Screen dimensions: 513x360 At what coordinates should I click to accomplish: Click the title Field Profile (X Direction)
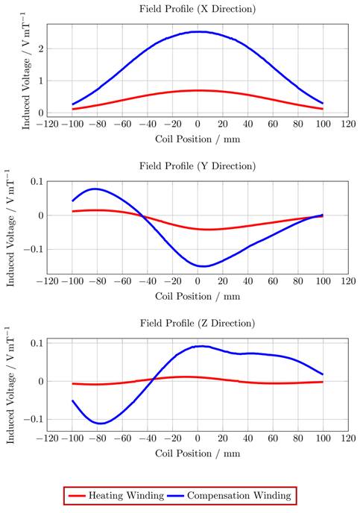point(198,9)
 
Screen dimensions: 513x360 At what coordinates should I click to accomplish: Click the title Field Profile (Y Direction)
point(198,166)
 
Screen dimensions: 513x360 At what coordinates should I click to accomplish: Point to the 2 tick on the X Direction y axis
point(42,48)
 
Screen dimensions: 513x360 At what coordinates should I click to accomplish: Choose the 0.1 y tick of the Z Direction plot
point(37,343)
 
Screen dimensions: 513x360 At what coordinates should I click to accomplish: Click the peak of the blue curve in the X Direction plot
point(198,31)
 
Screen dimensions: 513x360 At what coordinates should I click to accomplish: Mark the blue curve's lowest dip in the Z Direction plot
point(99,424)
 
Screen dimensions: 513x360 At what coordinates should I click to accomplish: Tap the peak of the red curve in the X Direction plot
point(198,90)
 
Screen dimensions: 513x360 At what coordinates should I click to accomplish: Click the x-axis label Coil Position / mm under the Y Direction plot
point(198,295)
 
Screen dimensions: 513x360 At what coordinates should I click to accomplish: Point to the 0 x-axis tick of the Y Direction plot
point(198,281)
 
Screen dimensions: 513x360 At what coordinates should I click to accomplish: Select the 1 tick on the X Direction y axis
point(42,81)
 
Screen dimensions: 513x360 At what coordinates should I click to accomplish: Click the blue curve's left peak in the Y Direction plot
point(95,189)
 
